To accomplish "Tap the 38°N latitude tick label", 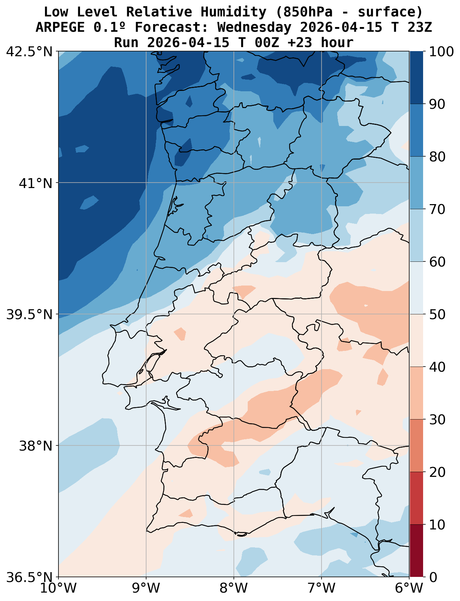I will [x=36, y=446].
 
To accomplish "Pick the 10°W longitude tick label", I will [x=58, y=589].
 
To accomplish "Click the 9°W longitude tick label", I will [x=146, y=589].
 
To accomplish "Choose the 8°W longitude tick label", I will [x=234, y=589].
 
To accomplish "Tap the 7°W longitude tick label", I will [x=322, y=589].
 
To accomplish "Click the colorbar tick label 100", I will [x=442, y=52].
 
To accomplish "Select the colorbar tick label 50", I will [x=438, y=315].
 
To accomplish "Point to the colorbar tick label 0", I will [x=433, y=577].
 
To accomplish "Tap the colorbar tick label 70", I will [x=438, y=210].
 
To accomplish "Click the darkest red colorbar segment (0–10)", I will [x=417, y=551].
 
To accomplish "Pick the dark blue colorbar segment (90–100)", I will [x=417, y=78].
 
